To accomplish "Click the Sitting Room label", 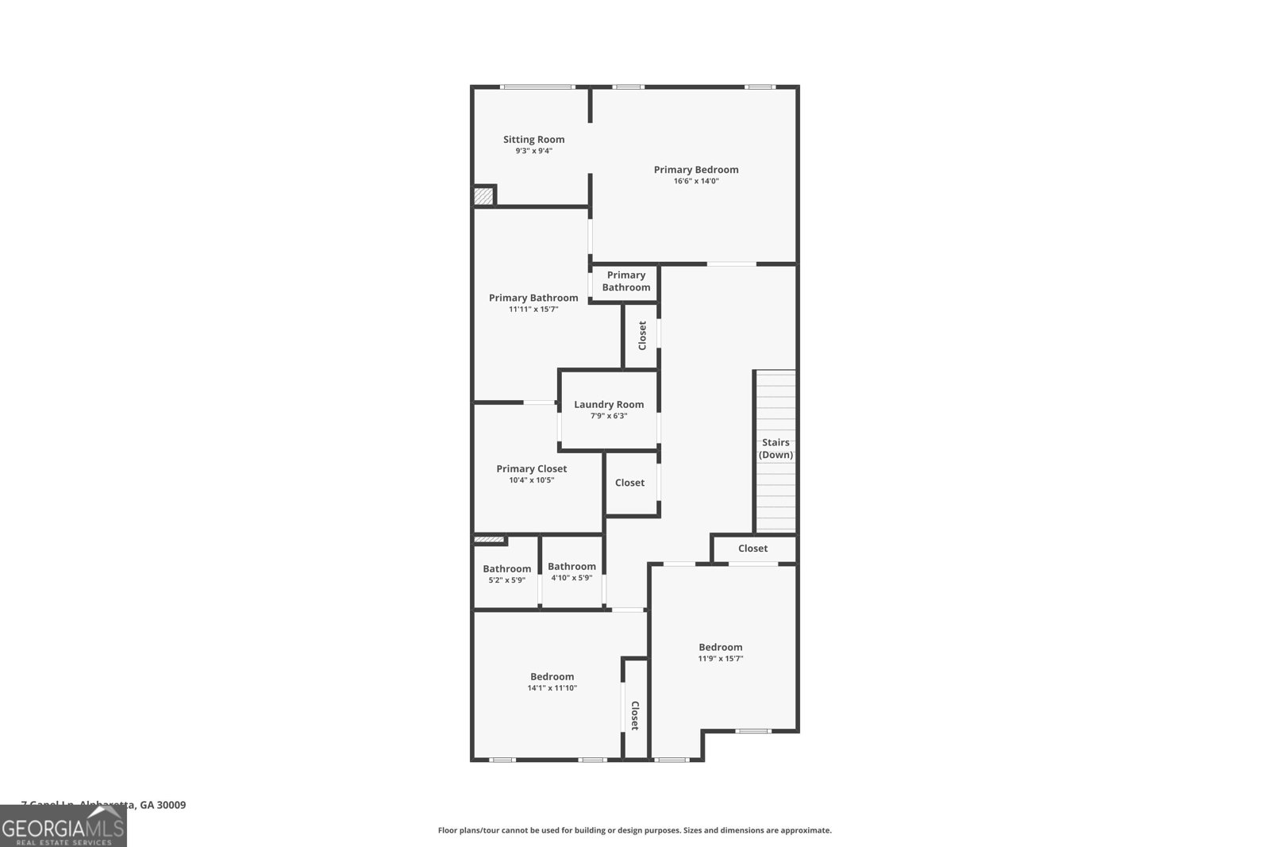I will coord(533,140).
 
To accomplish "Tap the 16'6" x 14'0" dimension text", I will coord(696,181).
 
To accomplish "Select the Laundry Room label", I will coord(609,405).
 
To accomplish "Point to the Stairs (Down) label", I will coord(775,449).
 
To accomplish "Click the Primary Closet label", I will coord(531,469).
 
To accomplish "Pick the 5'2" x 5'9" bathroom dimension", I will coord(506,580).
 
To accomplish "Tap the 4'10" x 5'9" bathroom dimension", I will coord(571,578).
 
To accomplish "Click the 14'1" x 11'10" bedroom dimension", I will coord(552,688).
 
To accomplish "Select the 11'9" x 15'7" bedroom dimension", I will coord(720,659).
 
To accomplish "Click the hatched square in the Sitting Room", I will coord(483,195).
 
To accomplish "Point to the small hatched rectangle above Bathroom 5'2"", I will coord(489,541).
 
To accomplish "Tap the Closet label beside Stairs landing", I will coord(752,549).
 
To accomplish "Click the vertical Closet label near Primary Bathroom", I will coord(642,335).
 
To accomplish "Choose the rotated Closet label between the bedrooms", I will coord(635,715).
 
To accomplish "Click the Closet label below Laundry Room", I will coord(629,483).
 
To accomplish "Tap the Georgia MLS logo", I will coord(63,826).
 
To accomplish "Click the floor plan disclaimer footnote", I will coord(634,830).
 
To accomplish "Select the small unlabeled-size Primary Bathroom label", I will coord(625,282).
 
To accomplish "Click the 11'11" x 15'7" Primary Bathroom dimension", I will coord(533,310).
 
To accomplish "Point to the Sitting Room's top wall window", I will coord(537,87).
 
